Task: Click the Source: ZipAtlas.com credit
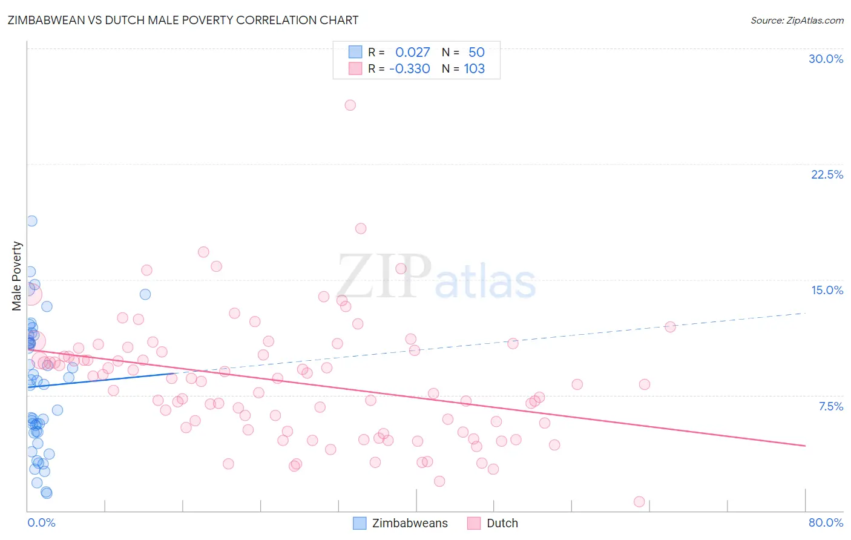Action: pyautogui.click(x=797, y=20)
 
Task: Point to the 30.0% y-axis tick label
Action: pyautogui.click(x=826, y=59)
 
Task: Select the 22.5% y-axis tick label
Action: pyautogui.click(x=827, y=174)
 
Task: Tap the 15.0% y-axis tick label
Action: pyautogui.click(x=827, y=290)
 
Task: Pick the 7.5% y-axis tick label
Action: pyautogui.click(x=830, y=406)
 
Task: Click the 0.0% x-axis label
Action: pyautogui.click(x=41, y=522)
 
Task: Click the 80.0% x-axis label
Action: pyautogui.click(x=826, y=522)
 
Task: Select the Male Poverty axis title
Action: pyautogui.click(x=17, y=276)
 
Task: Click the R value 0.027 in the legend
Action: pyautogui.click(x=412, y=52)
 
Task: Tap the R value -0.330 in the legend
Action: pyautogui.click(x=410, y=68)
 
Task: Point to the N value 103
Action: pyautogui.click(x=474, y=68)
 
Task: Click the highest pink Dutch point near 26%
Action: pyautogui.click(x=350, y=105)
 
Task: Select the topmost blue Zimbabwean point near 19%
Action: pyautogui.click(x=31, y=221)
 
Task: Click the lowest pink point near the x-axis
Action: pyautogui.click(x=639, y=501)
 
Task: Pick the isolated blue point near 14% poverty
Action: pyautogui.click(x=145, y=294)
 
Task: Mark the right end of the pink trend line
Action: pyautogui.click(x=805, y=446)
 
